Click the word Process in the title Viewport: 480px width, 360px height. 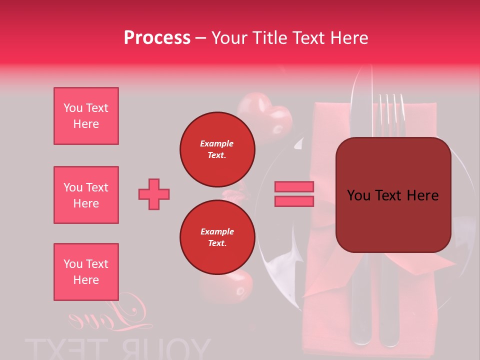[x=157, y=37]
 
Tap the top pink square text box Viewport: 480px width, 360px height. [x=86, y=116]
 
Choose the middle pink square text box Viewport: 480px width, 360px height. [x=86, y=195]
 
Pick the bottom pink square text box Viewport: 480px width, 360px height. [x=86, y=272]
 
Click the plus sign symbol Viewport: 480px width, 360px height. [x=154, y=194]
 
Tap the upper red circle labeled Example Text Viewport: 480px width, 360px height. [x=217, y=149]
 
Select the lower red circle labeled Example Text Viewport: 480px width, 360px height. [x=217, y=237]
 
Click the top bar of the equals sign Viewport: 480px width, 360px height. [x=294, y=186]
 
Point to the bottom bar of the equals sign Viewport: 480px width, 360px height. [x=294, y=201]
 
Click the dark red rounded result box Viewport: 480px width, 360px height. [x=393, y=195]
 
